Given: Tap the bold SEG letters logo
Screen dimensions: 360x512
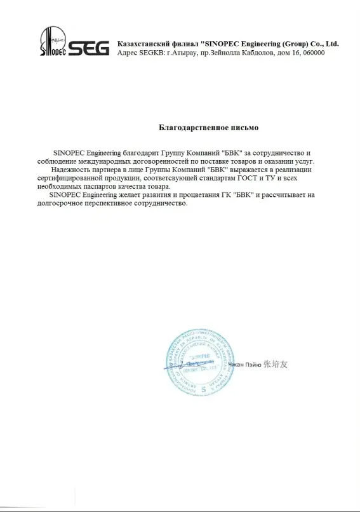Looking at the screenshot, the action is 86,46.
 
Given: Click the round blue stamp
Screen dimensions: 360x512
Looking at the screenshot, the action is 196,364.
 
